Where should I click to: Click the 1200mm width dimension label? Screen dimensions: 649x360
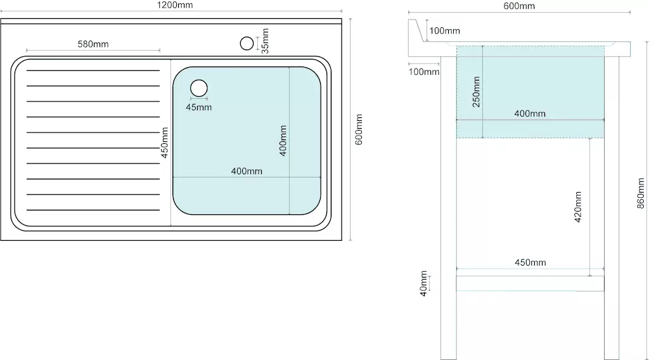click(x=175, y=5)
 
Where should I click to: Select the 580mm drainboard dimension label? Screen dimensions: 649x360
click(x=93, y=44)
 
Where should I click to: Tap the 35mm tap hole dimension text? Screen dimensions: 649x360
click(x=266, y=41)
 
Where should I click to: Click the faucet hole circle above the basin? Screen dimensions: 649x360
click(x=247, y=44)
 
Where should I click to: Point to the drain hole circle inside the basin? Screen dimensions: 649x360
click(x=199, y=88)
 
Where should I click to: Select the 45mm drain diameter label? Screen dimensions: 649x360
click(x=198, y=108)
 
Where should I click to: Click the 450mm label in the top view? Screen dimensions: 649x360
click(x=165, y=143)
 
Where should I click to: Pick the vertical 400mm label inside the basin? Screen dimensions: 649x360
click(x=283, y=141)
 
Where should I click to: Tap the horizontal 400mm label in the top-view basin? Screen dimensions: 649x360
click(x=247, y=171)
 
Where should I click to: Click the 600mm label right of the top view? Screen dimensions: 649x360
click(x=359, y=129)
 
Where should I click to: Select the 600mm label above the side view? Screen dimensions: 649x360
click(x=519, y=6)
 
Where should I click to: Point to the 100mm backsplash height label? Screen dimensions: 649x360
click(x=444, y=30)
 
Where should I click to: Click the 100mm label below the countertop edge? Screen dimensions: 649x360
click(x=424, y=72)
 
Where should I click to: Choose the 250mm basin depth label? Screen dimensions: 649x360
click(x=477, y=92)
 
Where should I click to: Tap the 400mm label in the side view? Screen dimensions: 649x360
click(x=530, y=113)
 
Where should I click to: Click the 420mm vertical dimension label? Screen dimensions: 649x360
click(x=578, y=207)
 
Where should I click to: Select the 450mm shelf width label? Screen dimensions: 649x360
click(x=530, y=262)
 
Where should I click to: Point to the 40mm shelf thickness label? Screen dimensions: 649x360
click(x=423, y=283)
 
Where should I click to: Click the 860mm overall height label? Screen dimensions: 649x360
click(x=640, y=193)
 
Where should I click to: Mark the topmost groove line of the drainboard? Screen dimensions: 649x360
click(x=93, y=71)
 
